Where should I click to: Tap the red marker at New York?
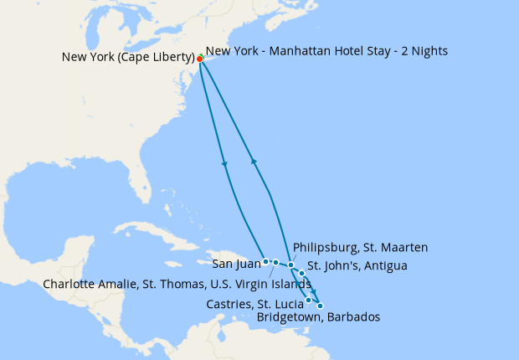(200, 59)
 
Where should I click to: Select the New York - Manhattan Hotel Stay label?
(326, 51)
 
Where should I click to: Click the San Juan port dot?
(266, 261)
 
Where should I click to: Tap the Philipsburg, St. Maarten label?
(361, 248)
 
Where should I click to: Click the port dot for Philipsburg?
(291, 265)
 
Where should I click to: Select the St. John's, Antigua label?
(357, 267)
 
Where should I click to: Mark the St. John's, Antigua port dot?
(301, 273)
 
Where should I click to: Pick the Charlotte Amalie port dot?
(275, 262)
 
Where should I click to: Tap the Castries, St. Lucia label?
(255, 303)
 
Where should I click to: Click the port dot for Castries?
(309, 300)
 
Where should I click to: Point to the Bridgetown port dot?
(320, 306)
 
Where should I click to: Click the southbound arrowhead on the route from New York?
(224, 163)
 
